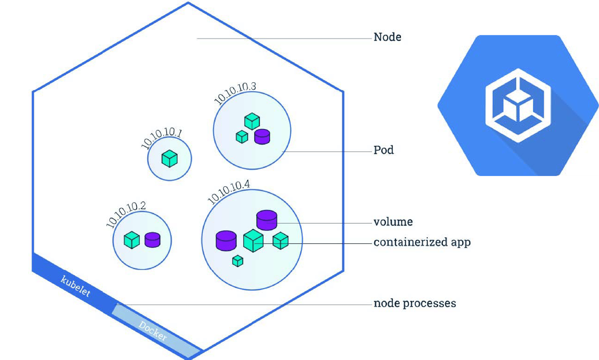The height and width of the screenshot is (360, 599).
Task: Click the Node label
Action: coord(387,37)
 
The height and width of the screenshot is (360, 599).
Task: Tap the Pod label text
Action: coord(383,150)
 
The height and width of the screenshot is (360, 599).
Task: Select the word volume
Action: coord(393,222)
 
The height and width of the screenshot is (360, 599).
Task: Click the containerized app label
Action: coord(422,242)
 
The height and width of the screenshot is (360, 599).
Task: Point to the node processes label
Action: coord(415,304)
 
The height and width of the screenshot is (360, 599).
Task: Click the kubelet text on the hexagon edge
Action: coord(76,286)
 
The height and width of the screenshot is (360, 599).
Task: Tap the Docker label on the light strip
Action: coord(153,331)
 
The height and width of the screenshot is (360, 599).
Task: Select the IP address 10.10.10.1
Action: coord(161,138)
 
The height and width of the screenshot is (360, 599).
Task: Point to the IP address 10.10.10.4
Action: coord(229,191)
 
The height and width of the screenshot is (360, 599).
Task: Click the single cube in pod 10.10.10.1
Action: coord(170,159)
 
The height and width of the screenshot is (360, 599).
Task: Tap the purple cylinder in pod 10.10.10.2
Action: coord(152,240)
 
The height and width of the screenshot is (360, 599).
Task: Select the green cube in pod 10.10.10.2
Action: coord(132,240)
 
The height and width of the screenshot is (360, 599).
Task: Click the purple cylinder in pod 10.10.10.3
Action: coord(262,136)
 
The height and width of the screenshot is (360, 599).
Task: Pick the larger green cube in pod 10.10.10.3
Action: coord(252,121)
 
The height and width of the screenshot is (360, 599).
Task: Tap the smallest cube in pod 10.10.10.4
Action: coord(238,261)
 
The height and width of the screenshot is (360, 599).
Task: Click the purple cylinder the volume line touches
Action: coord(266,220)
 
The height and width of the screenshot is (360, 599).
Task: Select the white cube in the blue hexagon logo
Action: coord(518,106)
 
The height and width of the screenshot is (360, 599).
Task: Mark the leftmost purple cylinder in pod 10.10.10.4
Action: coord(226,241)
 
